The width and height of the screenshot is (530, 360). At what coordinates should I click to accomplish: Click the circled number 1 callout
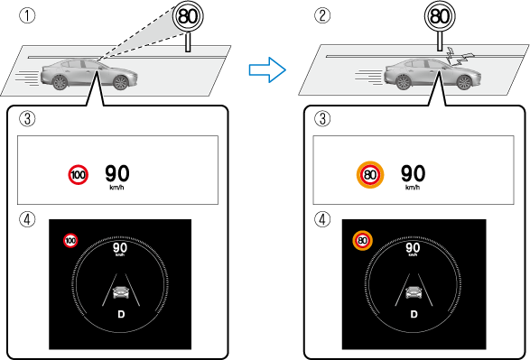pos(27,15)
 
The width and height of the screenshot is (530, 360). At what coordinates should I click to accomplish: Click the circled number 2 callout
pos(322,15)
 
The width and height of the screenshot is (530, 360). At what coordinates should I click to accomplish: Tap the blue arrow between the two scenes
pos(267,69)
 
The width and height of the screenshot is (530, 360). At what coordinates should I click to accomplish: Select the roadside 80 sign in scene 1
pos(188,16)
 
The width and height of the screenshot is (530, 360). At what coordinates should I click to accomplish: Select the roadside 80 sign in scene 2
pos(440,16)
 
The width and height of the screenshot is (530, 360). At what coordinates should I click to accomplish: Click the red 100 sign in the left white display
pos(78,175)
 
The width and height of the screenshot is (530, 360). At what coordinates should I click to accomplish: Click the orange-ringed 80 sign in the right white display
pos(370,175)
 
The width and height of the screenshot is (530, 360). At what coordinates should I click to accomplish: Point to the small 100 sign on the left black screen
pos(70,240)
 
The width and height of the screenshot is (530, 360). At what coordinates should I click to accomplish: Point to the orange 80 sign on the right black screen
pos(362,240)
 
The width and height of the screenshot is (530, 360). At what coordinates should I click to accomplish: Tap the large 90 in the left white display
pos(117,173)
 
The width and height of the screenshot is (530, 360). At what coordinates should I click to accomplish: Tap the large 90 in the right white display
pos(413,173)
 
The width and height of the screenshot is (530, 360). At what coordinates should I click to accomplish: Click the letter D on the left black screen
pos(121,314)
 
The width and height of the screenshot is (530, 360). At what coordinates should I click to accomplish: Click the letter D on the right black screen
pos(414,314)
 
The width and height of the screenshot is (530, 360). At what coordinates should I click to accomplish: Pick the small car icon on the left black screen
pos(121,292)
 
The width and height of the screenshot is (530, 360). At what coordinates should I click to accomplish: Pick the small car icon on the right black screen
pos(414,292)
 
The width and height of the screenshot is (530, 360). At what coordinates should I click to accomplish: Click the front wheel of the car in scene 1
pos(121,83)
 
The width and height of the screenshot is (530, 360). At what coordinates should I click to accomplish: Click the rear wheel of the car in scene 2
pos(404,82)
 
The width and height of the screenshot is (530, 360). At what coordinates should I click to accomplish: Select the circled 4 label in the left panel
pos(27,219)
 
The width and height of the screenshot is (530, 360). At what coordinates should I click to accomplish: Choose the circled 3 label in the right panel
pos(322,119)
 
